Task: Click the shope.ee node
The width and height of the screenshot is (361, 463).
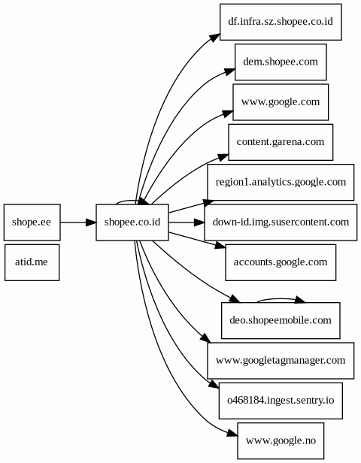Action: coord(32,222)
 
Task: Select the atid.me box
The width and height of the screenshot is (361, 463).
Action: coord(32,262)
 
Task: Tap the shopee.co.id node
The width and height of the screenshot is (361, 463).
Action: coord(132,222)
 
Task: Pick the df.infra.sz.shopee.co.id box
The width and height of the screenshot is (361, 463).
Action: coord(281,22)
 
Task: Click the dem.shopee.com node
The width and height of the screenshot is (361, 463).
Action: coord(281,62)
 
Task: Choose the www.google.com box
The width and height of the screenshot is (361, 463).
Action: coord(281,102)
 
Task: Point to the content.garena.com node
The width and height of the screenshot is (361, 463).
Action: coord(281,142)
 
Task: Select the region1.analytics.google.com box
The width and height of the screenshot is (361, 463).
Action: coord(281,182)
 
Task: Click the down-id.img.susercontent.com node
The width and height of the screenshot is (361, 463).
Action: coord(281,222)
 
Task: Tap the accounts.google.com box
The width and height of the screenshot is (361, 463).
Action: coord(281,262)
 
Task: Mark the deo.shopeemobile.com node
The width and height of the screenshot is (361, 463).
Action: coord(281,320)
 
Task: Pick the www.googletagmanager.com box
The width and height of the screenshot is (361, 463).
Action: coord(281,361)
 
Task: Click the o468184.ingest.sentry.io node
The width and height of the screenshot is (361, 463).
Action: coord(281,401)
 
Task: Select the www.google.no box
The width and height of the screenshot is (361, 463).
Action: coord(281,440)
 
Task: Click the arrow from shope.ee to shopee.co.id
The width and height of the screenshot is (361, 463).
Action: coord(78,222)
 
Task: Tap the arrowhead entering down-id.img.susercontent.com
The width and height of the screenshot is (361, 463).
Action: coord(199,222)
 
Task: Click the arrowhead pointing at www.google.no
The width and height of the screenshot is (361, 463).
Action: coord(232,434)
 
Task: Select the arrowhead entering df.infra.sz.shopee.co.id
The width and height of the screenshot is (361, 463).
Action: coord(215,38)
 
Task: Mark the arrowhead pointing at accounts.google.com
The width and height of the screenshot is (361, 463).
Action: coord(220,246)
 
